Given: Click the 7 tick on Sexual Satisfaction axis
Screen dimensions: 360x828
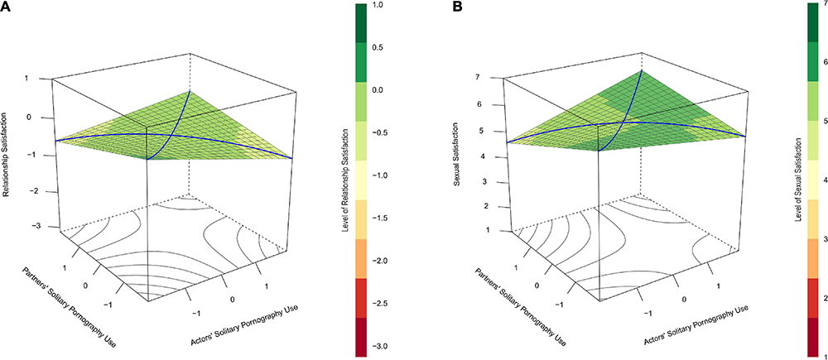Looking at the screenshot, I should click(493, 77).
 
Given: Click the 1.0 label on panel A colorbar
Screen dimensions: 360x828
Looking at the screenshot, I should click(380, 5).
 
